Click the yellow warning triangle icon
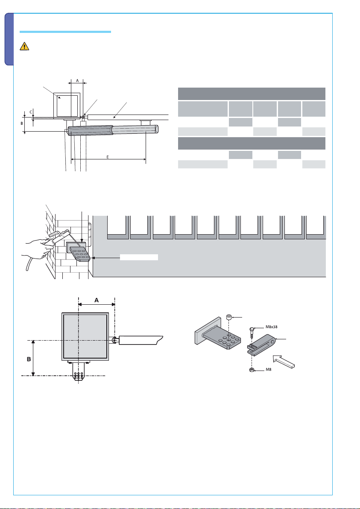pos(24,46)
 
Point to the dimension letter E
pos(107,157)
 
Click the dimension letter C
pos(31,112)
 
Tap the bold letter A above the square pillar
pos(97,300)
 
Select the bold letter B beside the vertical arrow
pos(29,359)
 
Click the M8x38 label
pos(272,327)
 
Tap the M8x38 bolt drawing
pos(252,333)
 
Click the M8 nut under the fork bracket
pos(252,370)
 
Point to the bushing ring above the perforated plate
pos(228,317)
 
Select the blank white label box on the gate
pos(139,257)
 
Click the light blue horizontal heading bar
pos(65,32)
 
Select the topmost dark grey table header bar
pos(252,94)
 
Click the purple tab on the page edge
pos(9,39)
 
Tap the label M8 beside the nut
pos(269,369)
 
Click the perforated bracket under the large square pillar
pos(79,373)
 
